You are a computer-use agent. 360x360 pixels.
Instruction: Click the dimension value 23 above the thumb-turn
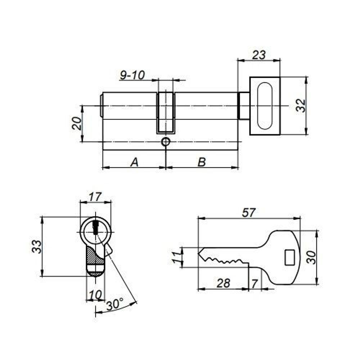pyautogui.click(x=258, y=55)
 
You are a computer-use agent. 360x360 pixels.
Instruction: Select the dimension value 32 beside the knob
pyautogui.click(x=301, y=105)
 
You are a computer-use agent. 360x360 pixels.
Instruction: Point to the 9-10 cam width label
pyautogui.click(x=132, y=75)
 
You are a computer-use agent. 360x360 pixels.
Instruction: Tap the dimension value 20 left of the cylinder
pyautogui.click(x=77, y=123)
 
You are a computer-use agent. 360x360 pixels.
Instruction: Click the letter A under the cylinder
pyautogui.click(x=134, y=162)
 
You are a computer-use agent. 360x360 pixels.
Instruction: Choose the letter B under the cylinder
pyautogui.click(x=202, y=162)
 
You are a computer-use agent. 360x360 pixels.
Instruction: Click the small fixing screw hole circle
pyautogui.click(x=166, y=142)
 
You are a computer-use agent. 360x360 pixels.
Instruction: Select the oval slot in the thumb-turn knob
pyautogui.click(x=265, y=106)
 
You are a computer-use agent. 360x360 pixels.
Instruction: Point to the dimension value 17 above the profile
pyautogui.click(x=95, y=197)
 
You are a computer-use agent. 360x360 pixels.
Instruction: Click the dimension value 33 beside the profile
pyautogui.click(x=37, y=247)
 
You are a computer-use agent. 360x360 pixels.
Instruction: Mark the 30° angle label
pyautogui.click(x=115, y=305)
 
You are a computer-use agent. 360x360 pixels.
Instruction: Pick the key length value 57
pyautogui.click(x=248, y=213)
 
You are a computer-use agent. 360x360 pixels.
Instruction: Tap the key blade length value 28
pyautogui.click(x=223, y=283)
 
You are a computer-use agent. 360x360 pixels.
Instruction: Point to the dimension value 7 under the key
pyautogui.click(x=255, y=284)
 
